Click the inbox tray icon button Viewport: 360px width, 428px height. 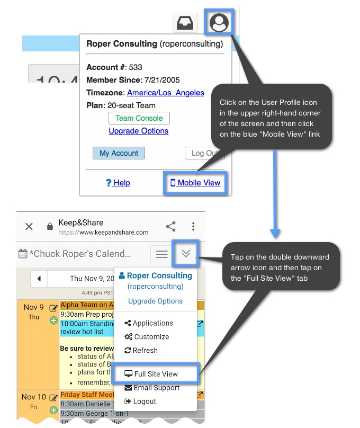click(x=185, y=23)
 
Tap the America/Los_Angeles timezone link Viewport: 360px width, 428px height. click(x=165, y=93)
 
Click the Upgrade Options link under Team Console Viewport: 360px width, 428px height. click(x=138, y=131)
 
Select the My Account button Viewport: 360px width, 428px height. click(x=119, y=153)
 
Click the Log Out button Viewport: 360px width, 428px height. click(x=204, y=153)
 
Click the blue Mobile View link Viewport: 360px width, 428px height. click(x=195, y=183)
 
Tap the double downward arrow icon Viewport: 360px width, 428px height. click(x=185, y=254)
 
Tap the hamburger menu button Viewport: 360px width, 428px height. click(x=161, y=254)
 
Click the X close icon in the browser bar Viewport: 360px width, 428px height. click(x=29, y=226)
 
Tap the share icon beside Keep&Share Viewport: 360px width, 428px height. click(x=170, y=226)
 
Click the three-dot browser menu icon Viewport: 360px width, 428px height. click(x=194, y=226)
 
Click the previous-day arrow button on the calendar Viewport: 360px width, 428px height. click(x=39, y=278)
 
